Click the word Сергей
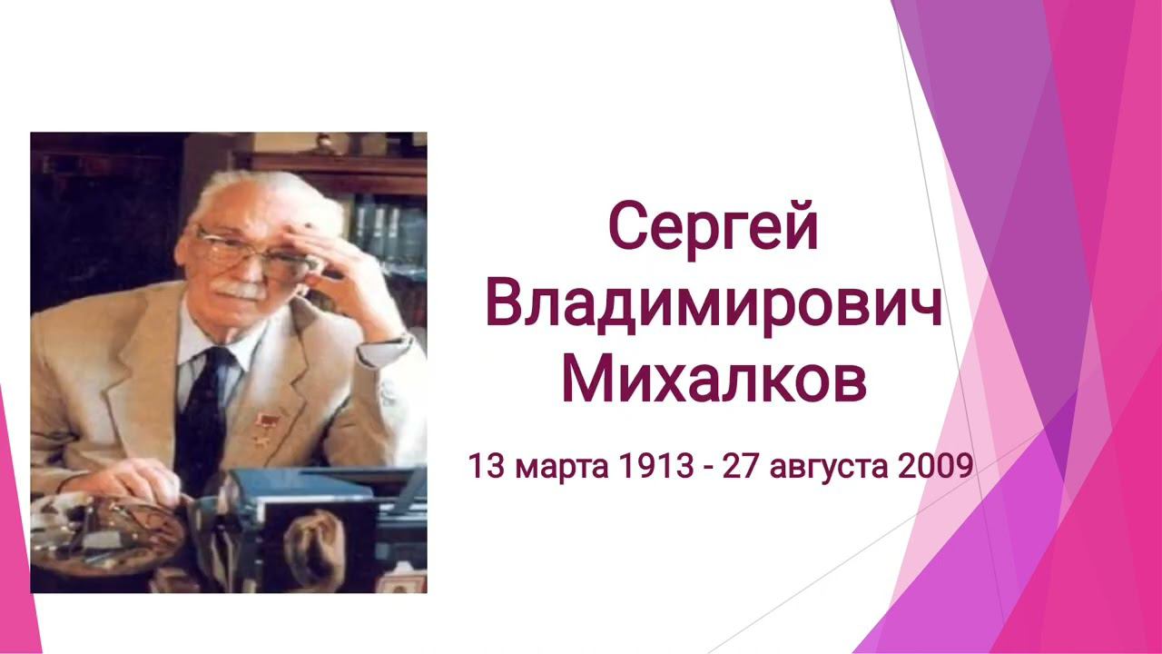coord(714,232)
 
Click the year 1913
coord(655,466)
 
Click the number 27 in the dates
coord(743,466)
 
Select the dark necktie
coord(206,415)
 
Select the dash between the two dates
coord(709,470)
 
